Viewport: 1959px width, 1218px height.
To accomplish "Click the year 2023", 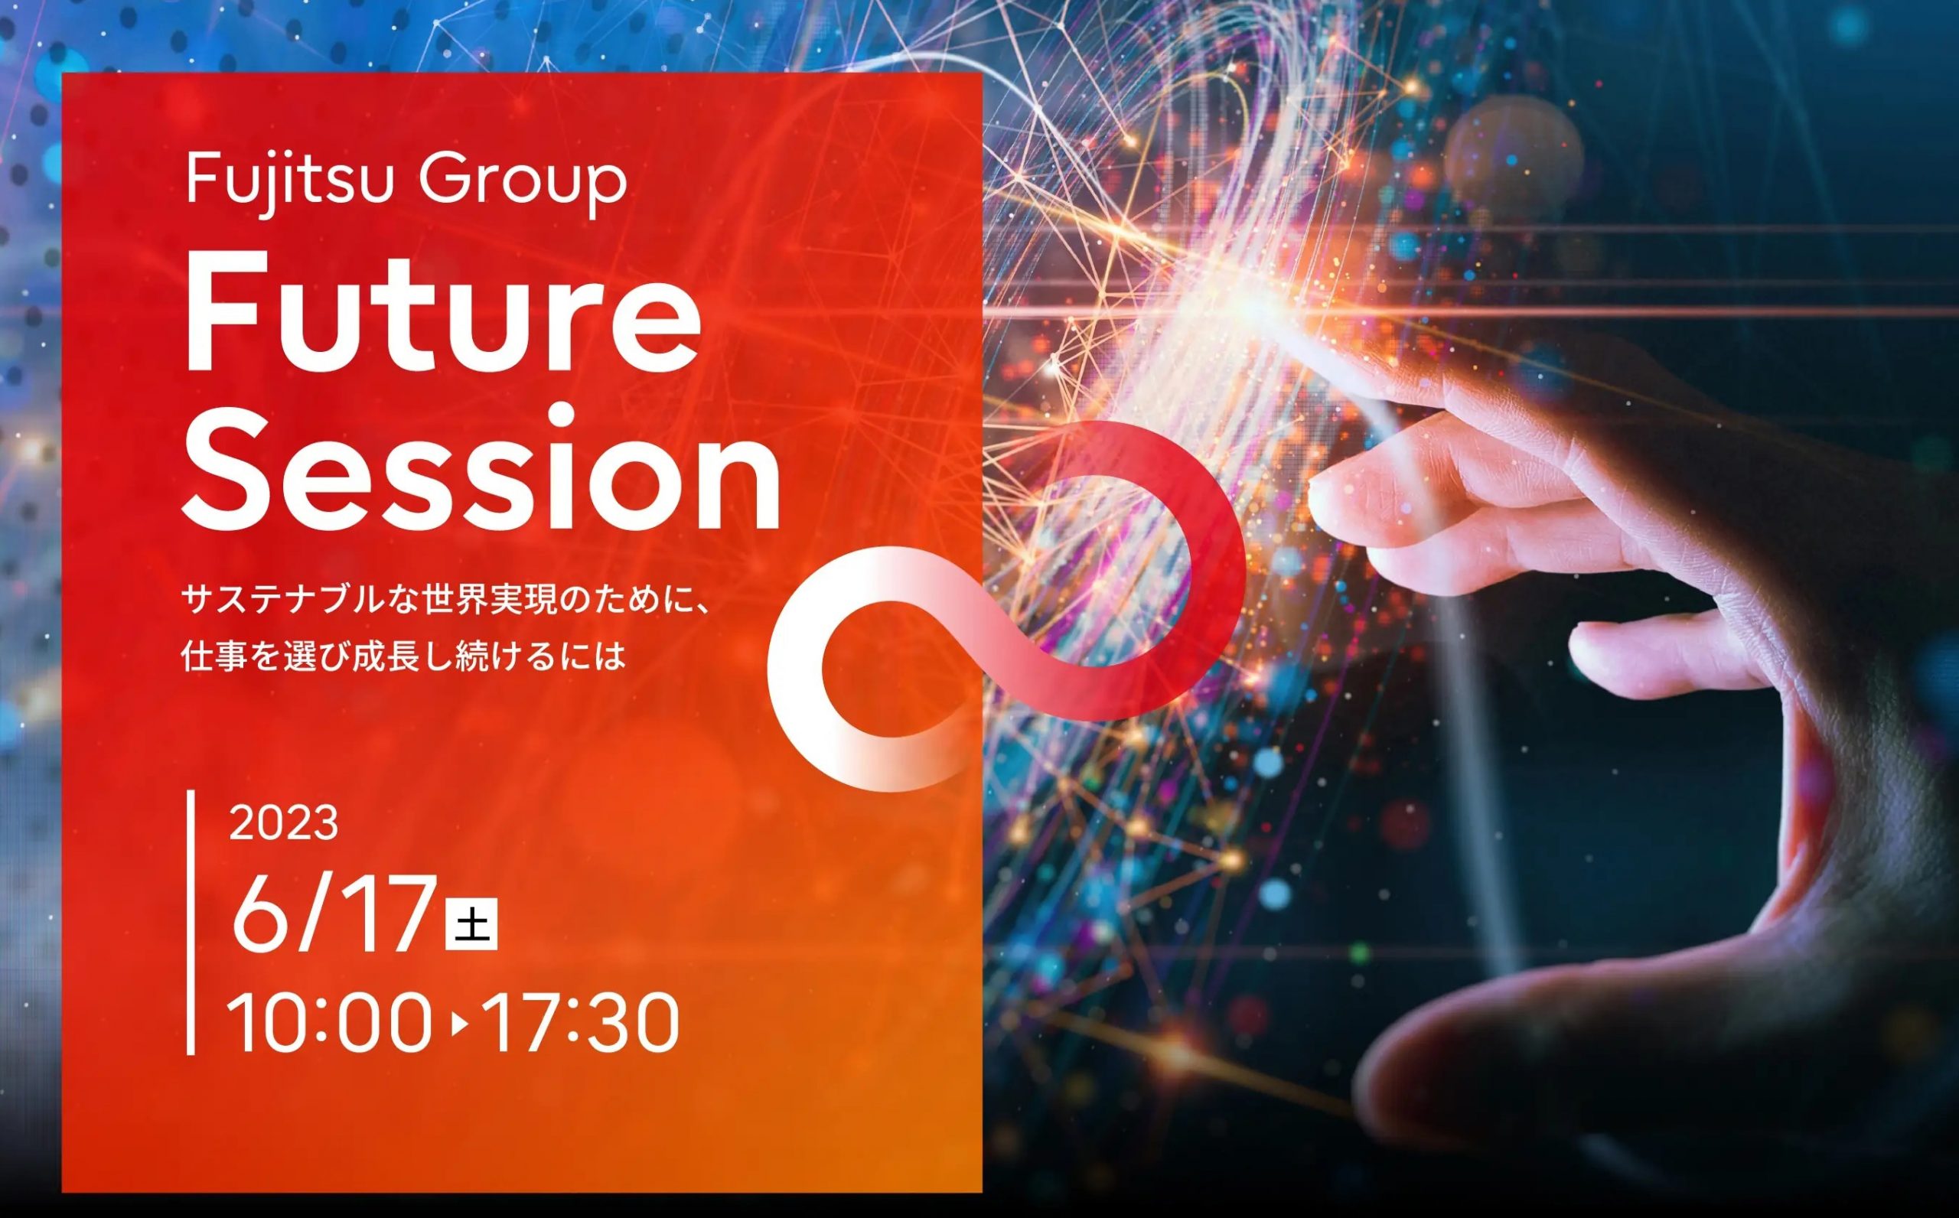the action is tap(284, 823).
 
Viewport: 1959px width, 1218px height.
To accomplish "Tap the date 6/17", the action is tap(334, 913).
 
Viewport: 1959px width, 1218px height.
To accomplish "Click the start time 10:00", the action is tap(328, 1023).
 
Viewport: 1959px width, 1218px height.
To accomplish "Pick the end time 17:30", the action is tap(582, 1023).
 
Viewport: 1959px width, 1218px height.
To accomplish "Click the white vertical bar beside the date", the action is tap(191, 923).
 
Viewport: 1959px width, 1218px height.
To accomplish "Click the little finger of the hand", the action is tap(1651, 653).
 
